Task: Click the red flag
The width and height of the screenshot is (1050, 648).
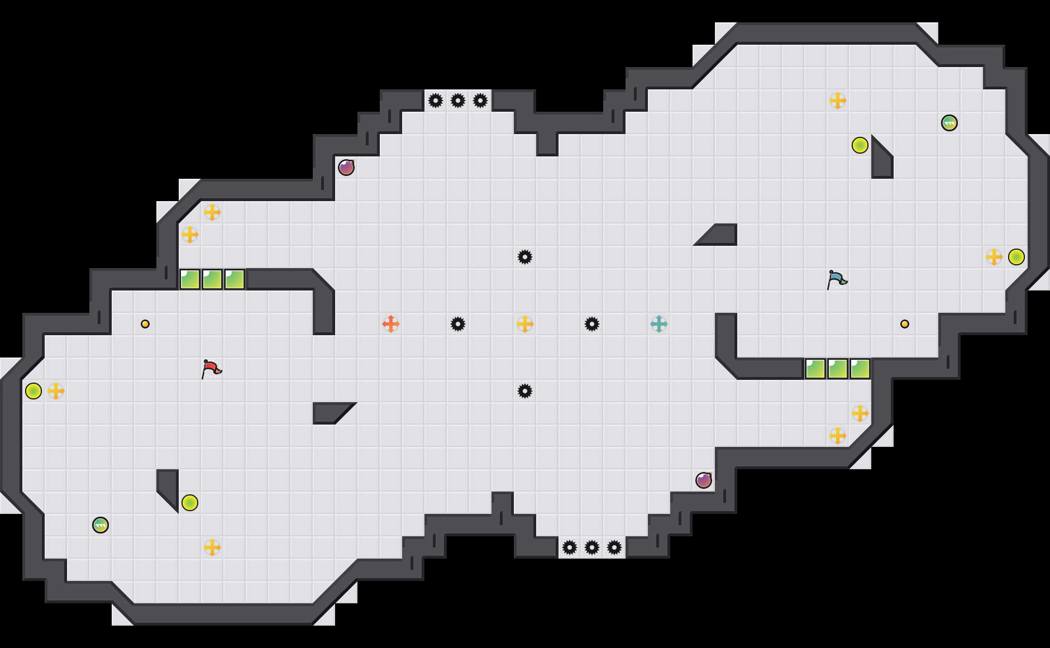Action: tap(211, 369)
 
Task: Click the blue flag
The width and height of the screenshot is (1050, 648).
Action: tap(836, 279)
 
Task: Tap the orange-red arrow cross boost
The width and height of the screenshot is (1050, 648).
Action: tap(391, 324)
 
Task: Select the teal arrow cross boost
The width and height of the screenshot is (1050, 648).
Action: tap(659, 324)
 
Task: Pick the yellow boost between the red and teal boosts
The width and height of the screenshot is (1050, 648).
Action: tap(525, 324)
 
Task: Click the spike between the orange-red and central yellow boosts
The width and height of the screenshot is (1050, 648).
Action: tap(458, 324)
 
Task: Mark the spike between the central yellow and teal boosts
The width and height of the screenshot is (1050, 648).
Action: tap(592, 324)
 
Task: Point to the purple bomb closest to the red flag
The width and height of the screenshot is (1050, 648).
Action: tap(346, 168)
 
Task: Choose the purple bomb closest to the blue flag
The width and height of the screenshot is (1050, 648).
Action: tap(704, 480)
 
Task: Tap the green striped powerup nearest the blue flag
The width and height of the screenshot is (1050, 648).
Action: tap(949, 123)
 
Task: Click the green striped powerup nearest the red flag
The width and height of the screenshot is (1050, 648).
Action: tap(101, 525)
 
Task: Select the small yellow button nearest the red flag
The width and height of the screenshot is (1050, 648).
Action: tap(145, 324)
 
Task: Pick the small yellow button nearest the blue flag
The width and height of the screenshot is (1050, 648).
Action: tap(905, 324)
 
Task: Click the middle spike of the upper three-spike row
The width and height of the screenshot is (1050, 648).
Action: tap(458, 101)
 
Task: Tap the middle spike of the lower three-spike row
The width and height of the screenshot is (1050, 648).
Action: tap(592, 547)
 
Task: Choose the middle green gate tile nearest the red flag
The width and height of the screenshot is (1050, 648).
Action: tap(212, 279)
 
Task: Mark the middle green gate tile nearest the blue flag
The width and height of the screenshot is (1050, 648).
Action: tap(838, 369)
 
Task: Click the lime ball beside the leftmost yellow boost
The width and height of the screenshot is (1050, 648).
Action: tap(34, 391)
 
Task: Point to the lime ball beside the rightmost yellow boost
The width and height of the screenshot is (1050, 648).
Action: tap(1016, 257)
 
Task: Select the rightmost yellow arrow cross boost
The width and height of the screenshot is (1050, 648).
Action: tap(994, 257)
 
